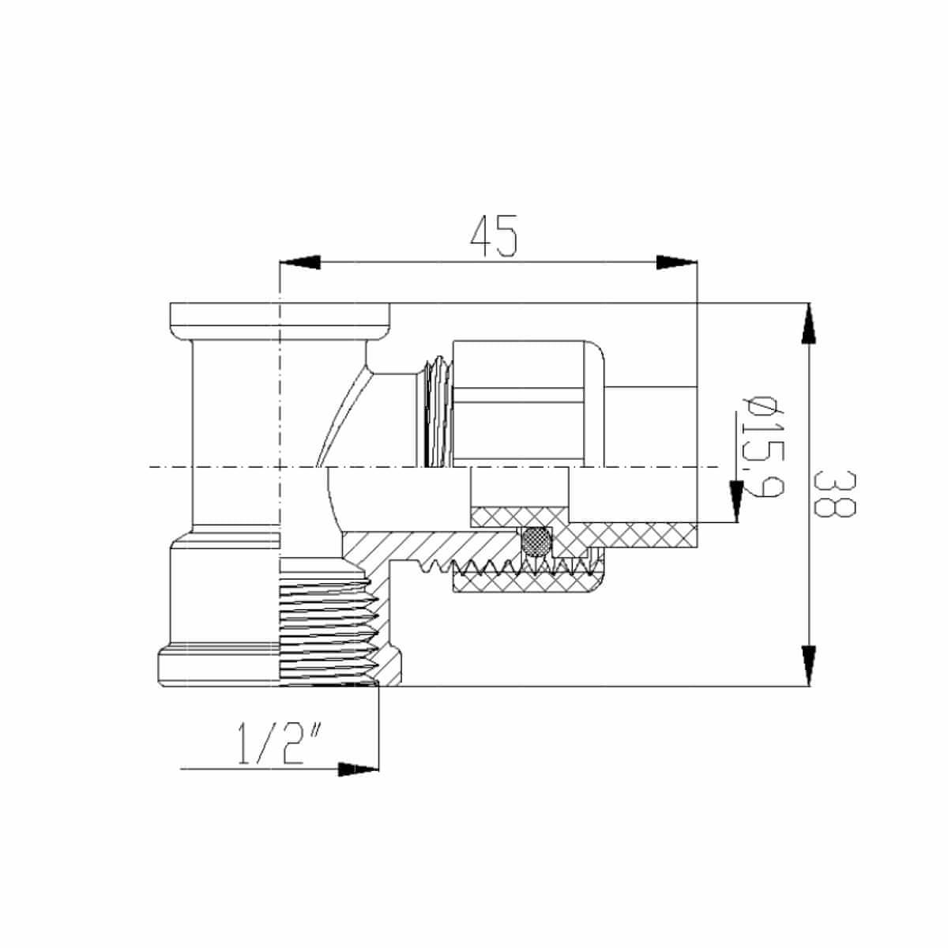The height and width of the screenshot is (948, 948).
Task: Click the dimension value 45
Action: [x=494, y=236]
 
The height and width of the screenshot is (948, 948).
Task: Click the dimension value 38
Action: [x=835, y=494]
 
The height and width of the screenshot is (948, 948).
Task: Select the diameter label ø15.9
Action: [x=758, y=446]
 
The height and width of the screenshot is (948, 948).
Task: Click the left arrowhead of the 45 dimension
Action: [x=299, y=262]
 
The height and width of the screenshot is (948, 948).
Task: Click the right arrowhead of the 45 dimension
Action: [x=677, y=262]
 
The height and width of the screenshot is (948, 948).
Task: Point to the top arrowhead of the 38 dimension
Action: [x=808, y=323]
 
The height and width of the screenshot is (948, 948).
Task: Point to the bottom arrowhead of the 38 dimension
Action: [x=808, y=665]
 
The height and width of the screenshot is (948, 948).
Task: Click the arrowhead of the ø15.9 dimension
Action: [x=736, y=501]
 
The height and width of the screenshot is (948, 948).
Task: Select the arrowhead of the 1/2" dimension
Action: [x=358, y=769]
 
